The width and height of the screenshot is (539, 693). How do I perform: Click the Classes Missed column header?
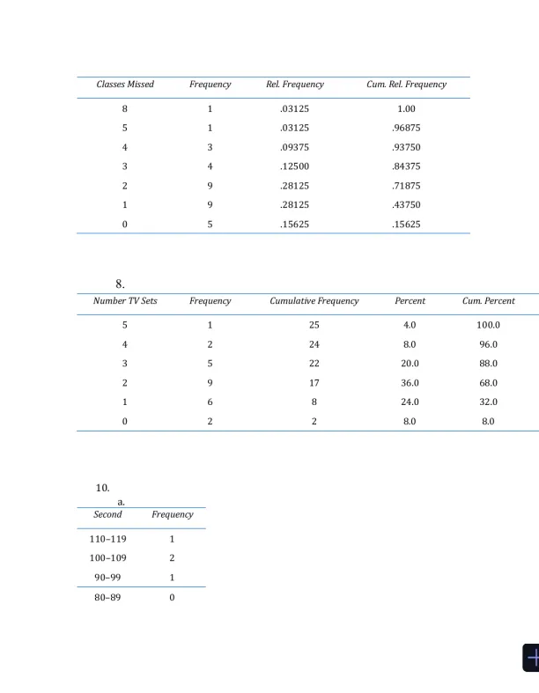(125, 85)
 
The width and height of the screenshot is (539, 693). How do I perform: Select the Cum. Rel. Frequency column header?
(406, 85)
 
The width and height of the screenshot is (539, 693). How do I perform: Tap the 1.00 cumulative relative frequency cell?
(406, 109)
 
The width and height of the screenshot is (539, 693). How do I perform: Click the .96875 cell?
(406, 129)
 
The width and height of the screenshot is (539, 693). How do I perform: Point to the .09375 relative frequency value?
(295, 148)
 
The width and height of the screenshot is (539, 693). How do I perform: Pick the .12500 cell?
(295, 166)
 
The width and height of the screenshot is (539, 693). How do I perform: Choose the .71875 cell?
(406, 186)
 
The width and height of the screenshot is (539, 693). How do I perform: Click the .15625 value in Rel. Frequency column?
(295, 225)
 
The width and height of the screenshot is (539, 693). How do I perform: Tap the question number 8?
(120, 284)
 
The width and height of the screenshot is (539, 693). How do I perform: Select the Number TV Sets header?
(125, 301)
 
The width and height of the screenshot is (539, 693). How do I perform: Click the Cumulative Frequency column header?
(314, 301)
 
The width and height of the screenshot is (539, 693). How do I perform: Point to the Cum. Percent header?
(488, 301)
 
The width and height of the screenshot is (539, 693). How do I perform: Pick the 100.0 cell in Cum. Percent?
(488, 326)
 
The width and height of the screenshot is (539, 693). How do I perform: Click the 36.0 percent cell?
(410, 383)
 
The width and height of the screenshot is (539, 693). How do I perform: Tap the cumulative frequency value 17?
(314, 383)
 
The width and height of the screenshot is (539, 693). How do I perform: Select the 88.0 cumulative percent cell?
(488, 364)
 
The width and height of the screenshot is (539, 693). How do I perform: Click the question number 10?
(102, 488)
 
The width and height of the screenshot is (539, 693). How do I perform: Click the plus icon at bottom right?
(532, 658)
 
